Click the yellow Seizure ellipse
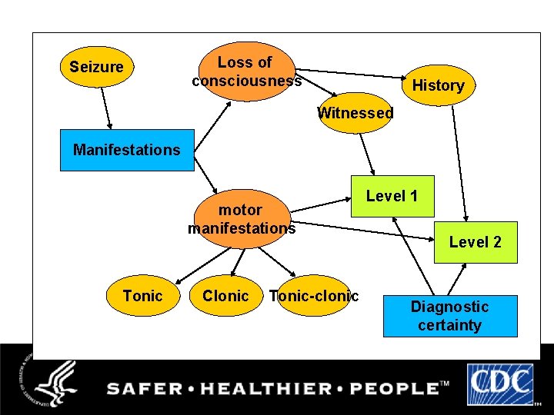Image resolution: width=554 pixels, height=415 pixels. point(96,68)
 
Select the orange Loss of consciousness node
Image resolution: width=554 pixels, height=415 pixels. point(246,71)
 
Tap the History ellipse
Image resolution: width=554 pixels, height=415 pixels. point(438,85)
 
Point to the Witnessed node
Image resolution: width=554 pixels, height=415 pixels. point(355,113)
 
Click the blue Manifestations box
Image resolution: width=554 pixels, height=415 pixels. point(127,150)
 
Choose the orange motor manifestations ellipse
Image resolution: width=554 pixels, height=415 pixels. point(242,218)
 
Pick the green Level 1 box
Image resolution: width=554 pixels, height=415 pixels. point(392,197)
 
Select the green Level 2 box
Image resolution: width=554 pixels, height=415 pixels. point(476,242)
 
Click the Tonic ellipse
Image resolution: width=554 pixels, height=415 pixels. point(143,296)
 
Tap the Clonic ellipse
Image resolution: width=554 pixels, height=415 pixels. point(225,296)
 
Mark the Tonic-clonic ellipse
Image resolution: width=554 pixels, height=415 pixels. point(314,296)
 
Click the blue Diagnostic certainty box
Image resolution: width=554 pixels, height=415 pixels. point(449,316)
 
